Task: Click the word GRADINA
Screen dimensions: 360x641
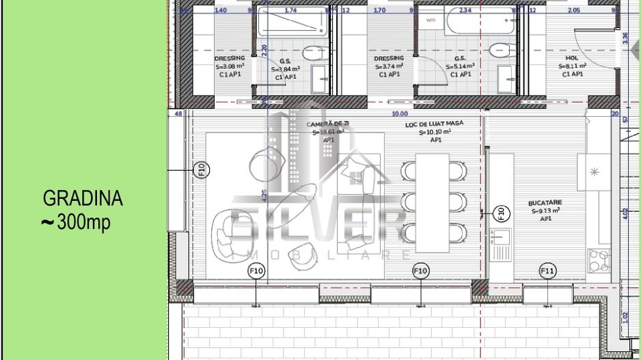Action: click(83, 199)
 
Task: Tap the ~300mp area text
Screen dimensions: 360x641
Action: click(76, 223)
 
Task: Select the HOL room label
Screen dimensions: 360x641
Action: click(572, 59)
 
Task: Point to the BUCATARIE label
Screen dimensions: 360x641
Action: click(545, 204)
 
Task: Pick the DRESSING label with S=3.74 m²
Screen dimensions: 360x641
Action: click(389, 59)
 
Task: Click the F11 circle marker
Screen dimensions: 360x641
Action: click(547, 272)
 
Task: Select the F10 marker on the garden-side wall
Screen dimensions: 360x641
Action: click(202, 169)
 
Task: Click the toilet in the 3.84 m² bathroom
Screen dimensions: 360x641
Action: click(315, 51)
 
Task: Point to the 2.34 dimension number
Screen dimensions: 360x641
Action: click(465, 10)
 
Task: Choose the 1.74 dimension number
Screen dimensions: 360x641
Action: click(290, 10)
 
